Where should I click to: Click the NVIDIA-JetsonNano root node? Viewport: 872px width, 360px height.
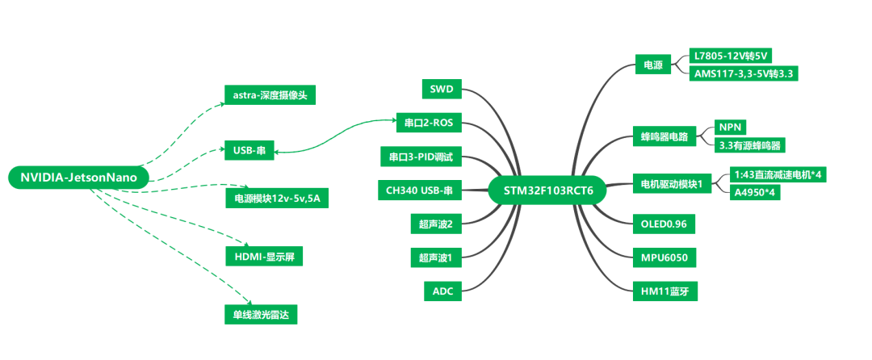click(x=79, y=178)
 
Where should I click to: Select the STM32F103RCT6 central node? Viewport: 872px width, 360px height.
click(x=547, y=190)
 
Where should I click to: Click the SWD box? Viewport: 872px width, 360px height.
click(x=442, y=88)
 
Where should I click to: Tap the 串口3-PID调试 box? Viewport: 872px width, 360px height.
click(x=421, y=156)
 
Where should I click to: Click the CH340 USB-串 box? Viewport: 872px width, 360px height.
click(x=419, y=190)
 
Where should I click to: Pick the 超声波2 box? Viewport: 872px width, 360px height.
click(x=435, y=223)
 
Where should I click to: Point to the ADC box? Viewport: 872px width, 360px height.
click(x=443, y=291)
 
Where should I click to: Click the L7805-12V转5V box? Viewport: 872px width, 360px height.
click(x=733, y=56)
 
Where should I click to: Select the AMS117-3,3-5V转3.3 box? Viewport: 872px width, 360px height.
click(x=746, y=73)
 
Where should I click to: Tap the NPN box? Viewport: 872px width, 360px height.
click(x=730, y=128)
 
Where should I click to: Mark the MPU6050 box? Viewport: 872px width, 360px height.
click(x=664, y=257)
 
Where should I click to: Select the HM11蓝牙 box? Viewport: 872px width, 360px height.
click(x=664, y=291)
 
